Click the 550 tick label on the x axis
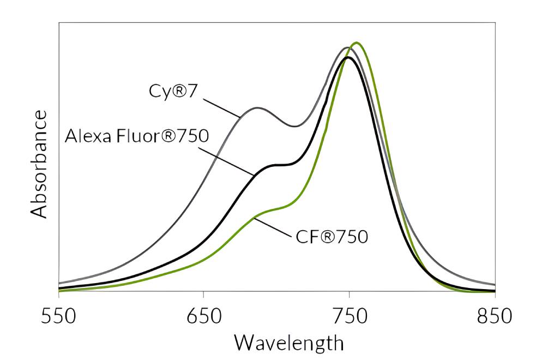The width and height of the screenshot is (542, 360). click(x=58, y=315)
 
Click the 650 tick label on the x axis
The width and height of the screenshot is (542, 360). click(x=203, y=315)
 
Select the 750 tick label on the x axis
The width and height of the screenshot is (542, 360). click(x=349, y=315)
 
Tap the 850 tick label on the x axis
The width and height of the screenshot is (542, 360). click(x=495, y=315)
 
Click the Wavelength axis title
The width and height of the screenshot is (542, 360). click(x=288, y=343)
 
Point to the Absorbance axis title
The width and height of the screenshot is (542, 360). click(x=39, y=164)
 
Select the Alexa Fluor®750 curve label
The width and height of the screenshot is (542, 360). click(x=137, y=136)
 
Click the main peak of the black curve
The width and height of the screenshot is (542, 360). click(x=347, y=57)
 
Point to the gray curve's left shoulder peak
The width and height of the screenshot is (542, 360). click(x=257, y=108)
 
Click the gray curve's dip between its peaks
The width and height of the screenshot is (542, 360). click(x=294, y=127)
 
